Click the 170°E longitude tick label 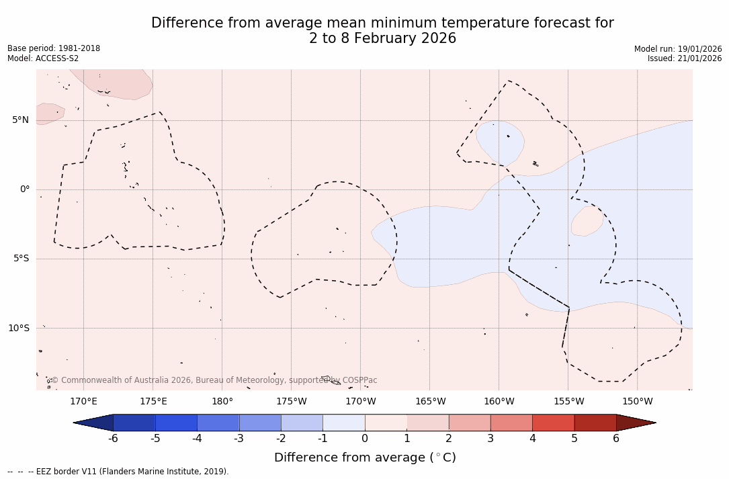[84, 402]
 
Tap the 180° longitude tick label [222, 402]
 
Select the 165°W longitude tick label [430, 402]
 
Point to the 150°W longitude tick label [638, 402]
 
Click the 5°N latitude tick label [20, 120]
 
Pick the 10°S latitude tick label [19, 329]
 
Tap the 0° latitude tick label [25, 189]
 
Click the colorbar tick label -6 [113, 439]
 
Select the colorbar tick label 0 [365, 439]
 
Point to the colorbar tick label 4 [532, 439]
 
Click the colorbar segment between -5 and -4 [176, 423]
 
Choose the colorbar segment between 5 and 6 [595, 423]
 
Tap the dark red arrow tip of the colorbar [638, 423]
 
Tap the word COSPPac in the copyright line [360, 380]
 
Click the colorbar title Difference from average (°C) [365, 458]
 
